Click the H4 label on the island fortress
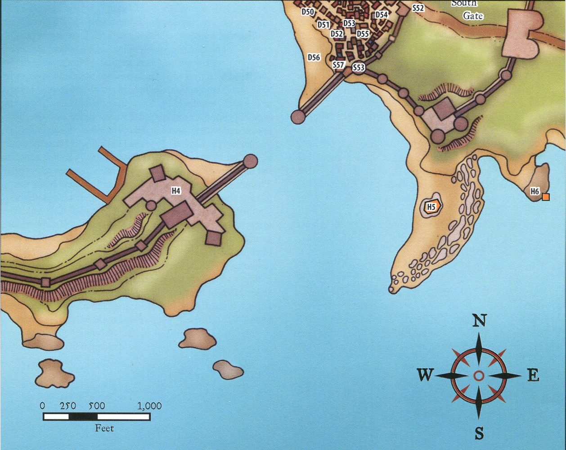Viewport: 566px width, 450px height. [x=176, y=191]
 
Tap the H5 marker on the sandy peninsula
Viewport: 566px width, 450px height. [x=431, y=207]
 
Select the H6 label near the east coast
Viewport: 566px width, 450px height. [x=535, y=192]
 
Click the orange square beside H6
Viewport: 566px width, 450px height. [x=546, y=197]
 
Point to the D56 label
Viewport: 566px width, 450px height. [x=314, y=58]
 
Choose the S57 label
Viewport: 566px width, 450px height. [x=338, y=65]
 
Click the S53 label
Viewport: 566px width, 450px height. [x=359, y=68]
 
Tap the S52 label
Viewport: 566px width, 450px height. [x=418, y=8]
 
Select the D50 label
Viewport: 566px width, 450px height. [x=307, y=12]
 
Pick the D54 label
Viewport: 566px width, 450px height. [x=382, y=15]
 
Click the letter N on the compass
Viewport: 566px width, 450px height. [x=479, y=321]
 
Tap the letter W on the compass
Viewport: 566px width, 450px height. [x=425, y=375]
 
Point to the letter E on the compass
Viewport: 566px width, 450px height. [x=533, y=375]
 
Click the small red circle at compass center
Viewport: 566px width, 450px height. [x=479, y=375]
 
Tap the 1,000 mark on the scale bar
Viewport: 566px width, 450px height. [x=149, y=406]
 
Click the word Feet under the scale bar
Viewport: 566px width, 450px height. [x=104, y=428]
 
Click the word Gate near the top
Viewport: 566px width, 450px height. [x=473, y=16]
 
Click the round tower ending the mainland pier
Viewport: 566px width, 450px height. [x=298, y=117]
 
